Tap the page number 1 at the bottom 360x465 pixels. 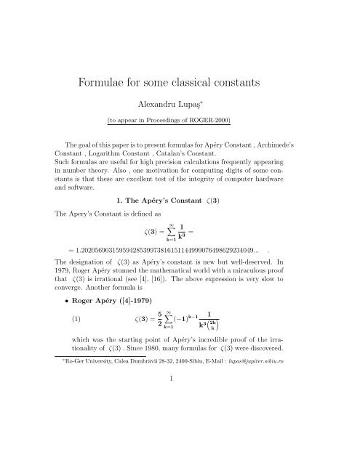coord(180,440)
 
